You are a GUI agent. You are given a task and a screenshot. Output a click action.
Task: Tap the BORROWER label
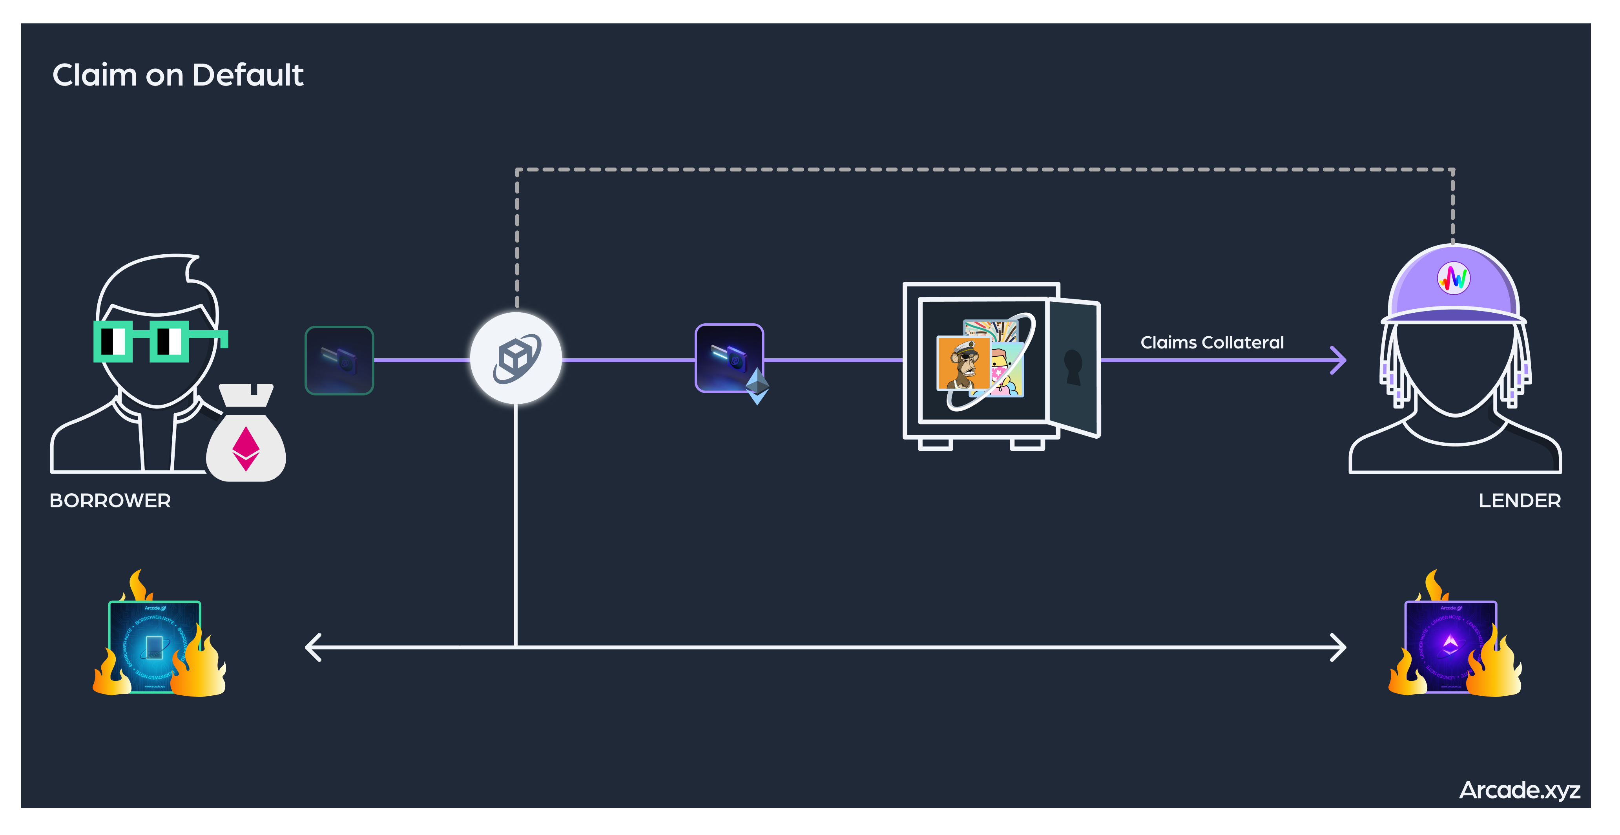[110, 501]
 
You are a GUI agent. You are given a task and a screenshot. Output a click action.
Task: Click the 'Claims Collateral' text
[1212, 343]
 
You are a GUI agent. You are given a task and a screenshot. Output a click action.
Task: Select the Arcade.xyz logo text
[1520, 790]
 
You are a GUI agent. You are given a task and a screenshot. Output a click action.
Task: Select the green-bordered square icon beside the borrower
[339, 360]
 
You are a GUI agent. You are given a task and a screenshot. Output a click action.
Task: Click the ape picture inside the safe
[963, 363]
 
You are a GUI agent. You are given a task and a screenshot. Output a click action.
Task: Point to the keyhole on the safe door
[1073, 366]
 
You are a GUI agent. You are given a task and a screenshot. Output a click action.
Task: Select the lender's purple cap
[1453, 286]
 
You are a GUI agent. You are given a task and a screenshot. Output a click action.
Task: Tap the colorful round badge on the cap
[1453, 277]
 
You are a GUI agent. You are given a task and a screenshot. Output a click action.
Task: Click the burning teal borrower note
[155, 646]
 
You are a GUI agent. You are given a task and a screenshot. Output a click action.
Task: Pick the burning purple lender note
[1450, 646]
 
